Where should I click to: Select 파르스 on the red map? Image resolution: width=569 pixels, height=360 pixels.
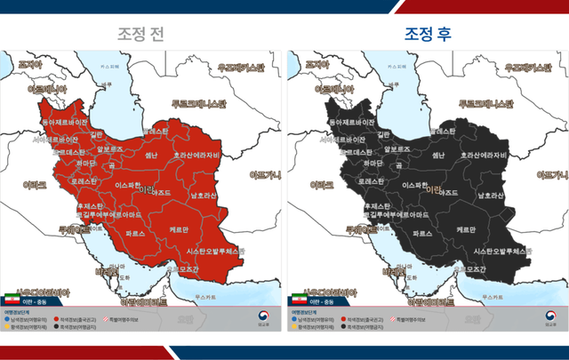[x=135, y=233]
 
